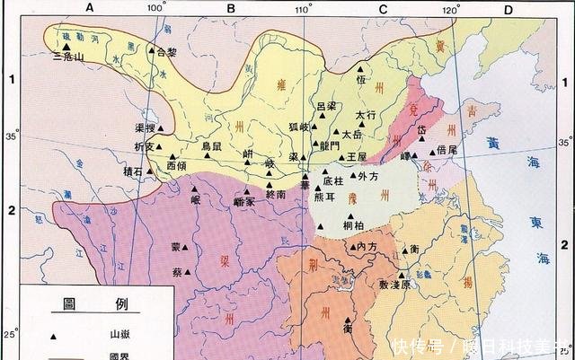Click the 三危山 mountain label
68,56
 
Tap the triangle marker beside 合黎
151,51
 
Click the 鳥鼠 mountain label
211,145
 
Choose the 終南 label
275,194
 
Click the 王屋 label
357,156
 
